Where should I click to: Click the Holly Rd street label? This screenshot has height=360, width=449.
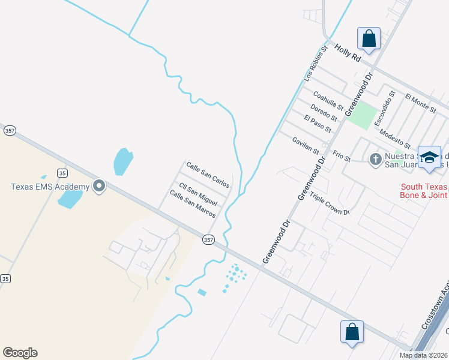348,53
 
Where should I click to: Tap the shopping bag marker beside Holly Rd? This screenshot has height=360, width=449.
369,39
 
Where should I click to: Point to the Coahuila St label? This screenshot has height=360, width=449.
328,101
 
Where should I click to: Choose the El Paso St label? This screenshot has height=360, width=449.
318,123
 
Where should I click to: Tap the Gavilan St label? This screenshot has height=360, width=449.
306,145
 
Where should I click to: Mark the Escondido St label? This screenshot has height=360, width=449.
384,108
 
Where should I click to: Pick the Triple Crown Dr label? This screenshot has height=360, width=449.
329,204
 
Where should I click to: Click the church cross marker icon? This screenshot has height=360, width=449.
375,159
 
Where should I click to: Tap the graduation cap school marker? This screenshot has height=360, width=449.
429,157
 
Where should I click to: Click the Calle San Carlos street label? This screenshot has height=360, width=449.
208,174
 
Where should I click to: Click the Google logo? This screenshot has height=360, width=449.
20,353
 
